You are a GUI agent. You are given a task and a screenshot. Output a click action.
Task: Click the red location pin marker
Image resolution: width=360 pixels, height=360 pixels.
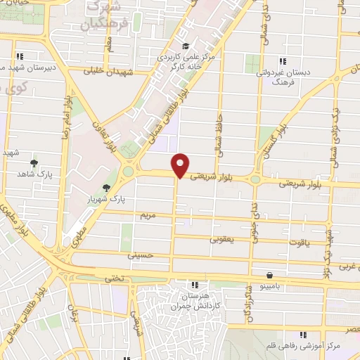coord(181,165)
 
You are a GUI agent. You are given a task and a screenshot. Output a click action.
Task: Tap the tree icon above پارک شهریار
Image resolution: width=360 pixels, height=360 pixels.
coord(106,187)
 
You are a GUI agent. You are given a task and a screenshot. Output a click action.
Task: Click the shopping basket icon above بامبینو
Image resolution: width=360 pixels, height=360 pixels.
coord(269,275)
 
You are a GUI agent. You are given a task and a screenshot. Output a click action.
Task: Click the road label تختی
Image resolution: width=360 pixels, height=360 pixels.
coord(114,279)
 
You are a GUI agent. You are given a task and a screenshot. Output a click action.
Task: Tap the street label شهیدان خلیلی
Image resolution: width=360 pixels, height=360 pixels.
coord(103,71)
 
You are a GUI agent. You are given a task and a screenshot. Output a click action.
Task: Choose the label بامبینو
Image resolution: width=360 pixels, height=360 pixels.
coord(270,288)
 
